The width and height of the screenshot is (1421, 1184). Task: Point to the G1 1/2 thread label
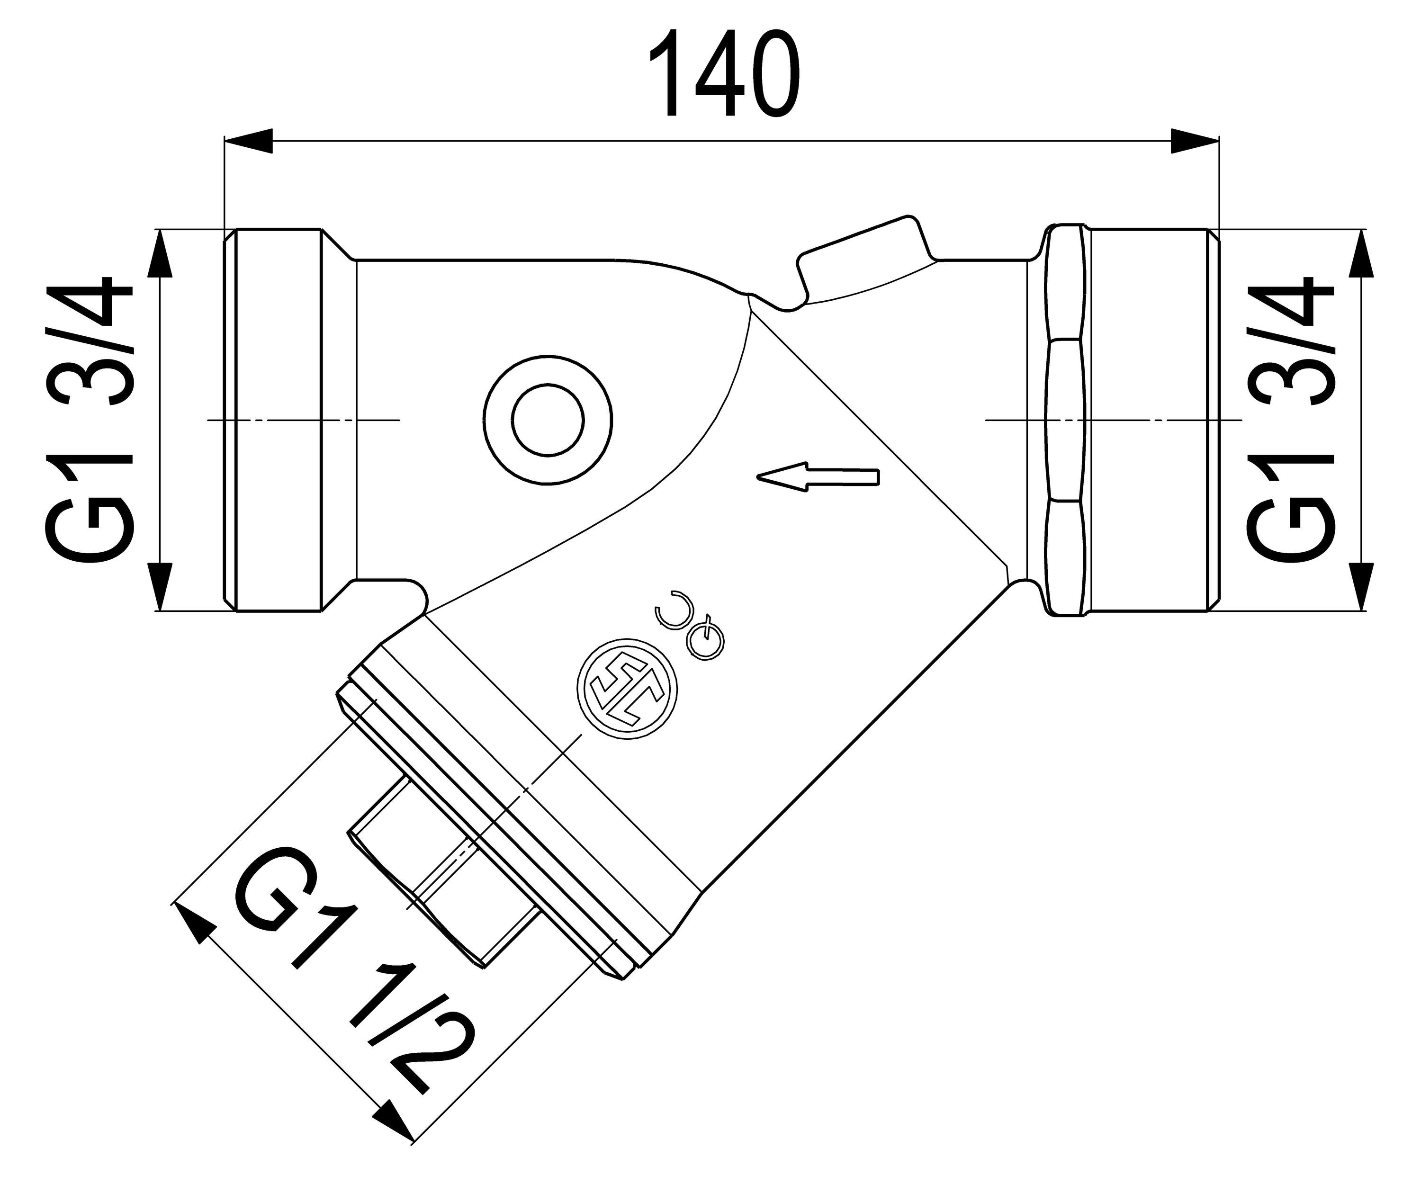352,974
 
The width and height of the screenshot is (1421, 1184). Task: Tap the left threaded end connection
278,421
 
